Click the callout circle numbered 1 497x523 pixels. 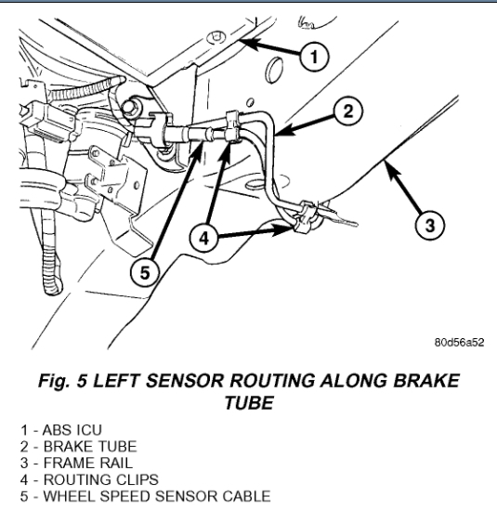(314, 57)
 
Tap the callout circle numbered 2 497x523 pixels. (347, 111)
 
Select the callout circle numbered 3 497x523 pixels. (430, 225)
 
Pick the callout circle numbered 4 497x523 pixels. (203, 238)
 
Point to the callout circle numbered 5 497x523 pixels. (145, 273)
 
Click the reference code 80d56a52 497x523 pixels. (459, 343)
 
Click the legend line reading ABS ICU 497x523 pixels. (61, 430)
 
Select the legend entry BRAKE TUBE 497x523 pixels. (78, 447)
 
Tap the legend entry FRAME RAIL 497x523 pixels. (76, 463)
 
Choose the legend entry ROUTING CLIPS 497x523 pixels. (89, 479)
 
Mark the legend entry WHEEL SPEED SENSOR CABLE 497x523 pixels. (145, 496)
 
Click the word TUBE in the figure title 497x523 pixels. (249, 402)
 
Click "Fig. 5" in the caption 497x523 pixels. (63, 380)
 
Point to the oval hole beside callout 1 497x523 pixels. (275, 70)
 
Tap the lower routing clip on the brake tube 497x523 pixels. (304, 216)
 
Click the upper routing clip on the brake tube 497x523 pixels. (232, 126)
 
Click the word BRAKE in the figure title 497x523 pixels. (426, 380)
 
